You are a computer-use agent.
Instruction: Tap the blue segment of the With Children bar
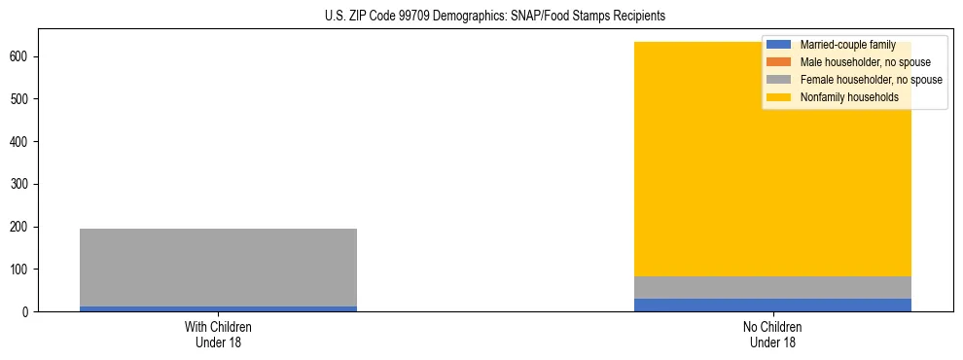[218, 308]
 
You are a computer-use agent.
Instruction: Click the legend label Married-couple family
[847, 45]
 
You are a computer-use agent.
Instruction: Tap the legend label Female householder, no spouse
[871, 80]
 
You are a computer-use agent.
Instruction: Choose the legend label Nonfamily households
[848, 97]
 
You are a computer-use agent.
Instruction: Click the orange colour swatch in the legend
[779, 62]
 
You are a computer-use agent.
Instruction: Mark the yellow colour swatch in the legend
[779, 97]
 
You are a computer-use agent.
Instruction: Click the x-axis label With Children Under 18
[218, 334]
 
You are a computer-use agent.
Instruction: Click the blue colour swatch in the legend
[779, 45]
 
